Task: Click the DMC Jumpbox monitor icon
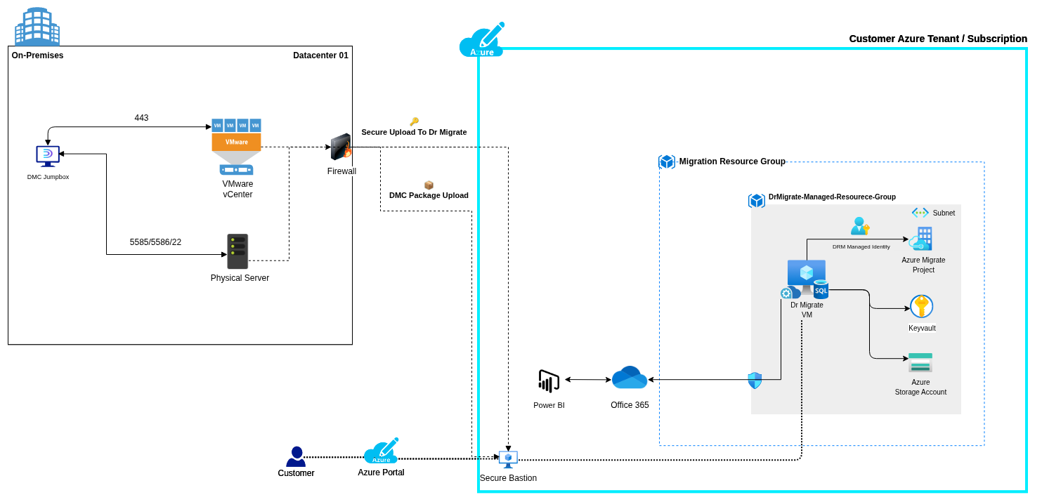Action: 48,156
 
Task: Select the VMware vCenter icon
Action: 236,146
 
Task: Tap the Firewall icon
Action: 341,147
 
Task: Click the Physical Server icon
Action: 237,251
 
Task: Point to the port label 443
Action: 141,118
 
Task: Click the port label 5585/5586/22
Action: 155,242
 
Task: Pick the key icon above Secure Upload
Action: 414,121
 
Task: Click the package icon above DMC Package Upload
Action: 429,185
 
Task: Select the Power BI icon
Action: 549,382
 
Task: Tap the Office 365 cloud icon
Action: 630,378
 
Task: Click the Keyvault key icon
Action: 921,306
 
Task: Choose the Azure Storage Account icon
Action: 920,362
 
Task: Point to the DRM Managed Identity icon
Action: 860,226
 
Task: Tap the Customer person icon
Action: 297,456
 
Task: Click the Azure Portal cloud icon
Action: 381,451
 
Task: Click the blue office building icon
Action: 37,27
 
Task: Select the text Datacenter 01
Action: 320,55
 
